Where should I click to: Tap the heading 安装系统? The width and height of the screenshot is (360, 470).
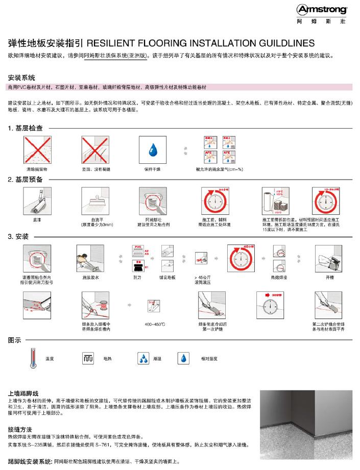[x=21, y=78]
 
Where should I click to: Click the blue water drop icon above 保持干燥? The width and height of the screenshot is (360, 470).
[x=152, y=150]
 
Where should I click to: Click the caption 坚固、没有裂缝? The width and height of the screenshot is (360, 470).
[x=95, y=169]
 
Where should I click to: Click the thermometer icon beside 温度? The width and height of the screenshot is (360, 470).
[x=33, y=358]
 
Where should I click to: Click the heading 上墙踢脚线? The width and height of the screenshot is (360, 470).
[x=23, y=394]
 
